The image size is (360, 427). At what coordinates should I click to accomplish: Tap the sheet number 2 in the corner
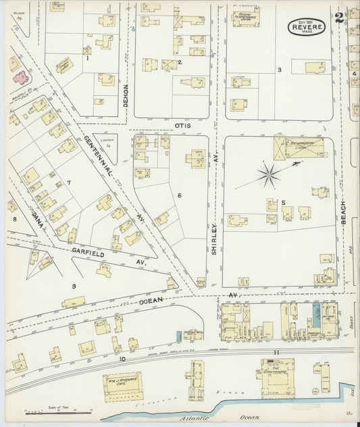(x=338, y=14)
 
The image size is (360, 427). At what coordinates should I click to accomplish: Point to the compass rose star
(x=269, y=175)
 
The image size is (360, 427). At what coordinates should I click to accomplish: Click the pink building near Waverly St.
(x=18, y=77)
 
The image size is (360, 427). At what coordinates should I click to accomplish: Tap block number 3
(x=279, y=70)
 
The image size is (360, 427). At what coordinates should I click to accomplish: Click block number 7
(x=69, y=182)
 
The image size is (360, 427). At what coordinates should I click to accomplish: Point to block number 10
(x=123, y=359)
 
